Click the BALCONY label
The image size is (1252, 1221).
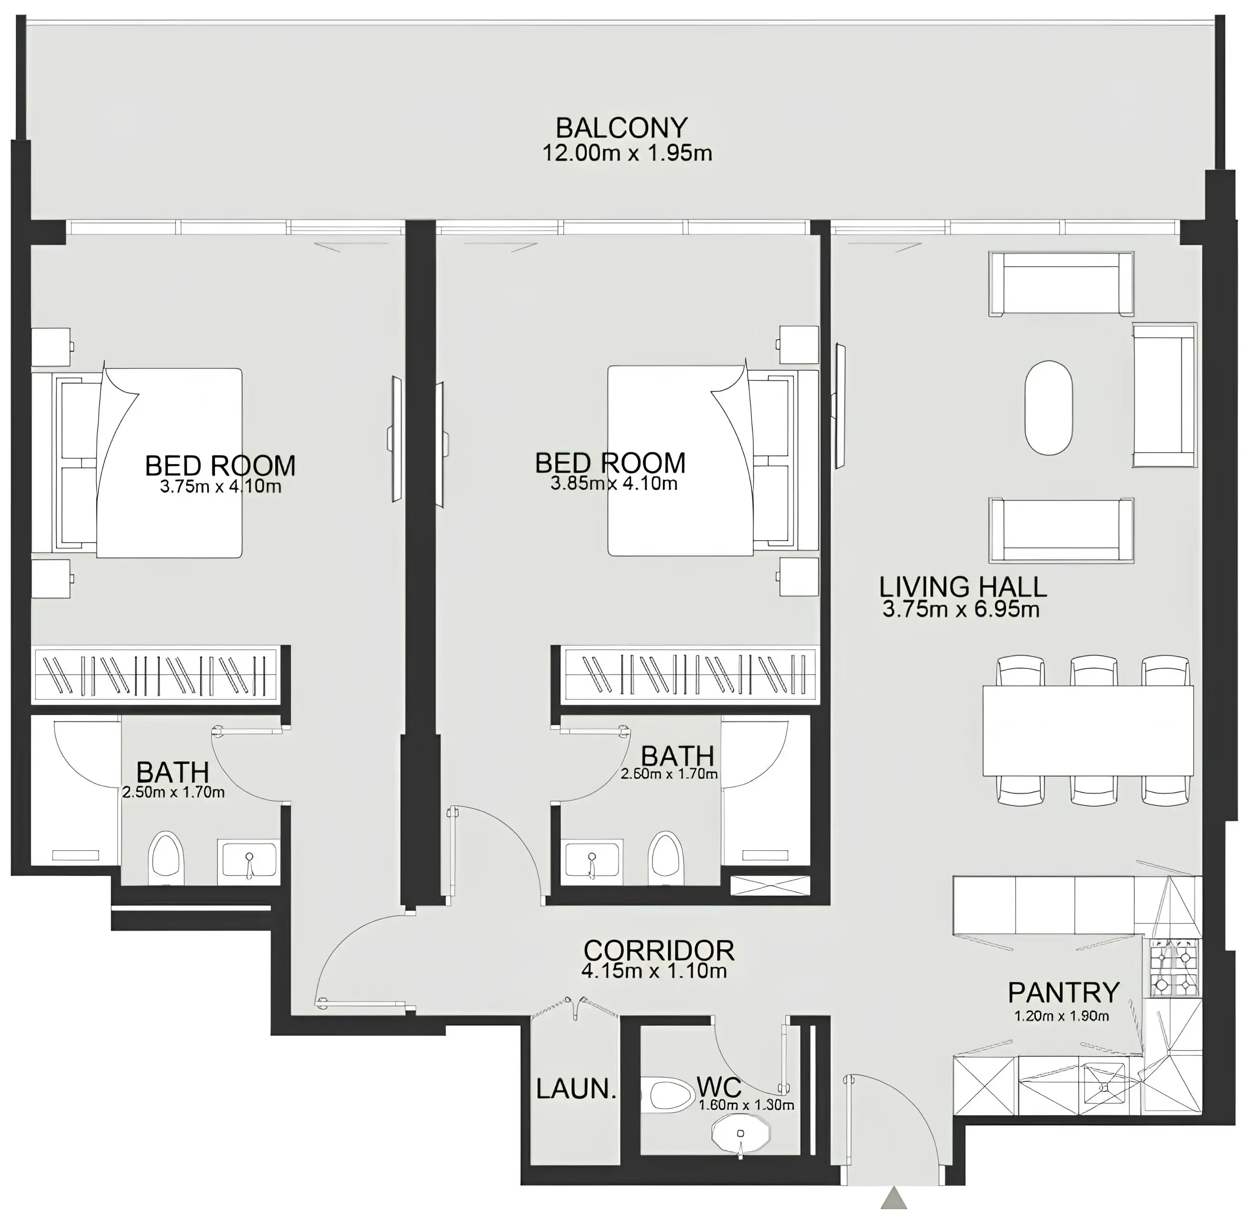[621, 128]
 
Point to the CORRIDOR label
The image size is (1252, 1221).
[658, 950]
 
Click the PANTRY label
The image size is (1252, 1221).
[1063, 992]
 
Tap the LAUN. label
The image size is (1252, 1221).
[575, 1088]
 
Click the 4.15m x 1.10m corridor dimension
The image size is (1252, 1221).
[654, 971]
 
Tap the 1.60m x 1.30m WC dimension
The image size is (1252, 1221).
[746, 1105]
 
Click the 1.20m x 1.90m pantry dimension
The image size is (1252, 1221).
[1062, 1016]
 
